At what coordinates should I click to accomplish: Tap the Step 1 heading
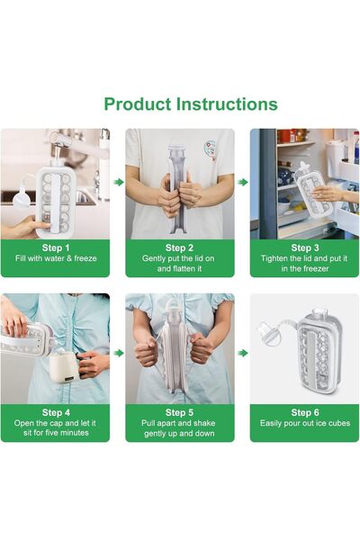point(55,247)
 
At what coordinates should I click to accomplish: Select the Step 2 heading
point(179,247)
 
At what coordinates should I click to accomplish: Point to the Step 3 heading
point(304,247)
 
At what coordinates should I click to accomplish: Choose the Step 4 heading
point(55,411)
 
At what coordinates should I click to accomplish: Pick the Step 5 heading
point(179,411)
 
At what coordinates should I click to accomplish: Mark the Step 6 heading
point(304,411)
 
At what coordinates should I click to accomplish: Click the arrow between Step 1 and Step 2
point(117,182)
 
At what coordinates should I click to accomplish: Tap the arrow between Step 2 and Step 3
point(242,182)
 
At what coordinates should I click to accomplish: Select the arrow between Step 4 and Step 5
point(117,354)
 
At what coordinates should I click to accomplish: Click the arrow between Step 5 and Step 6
point(242,354)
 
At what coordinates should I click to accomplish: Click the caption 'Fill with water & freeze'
point(55,259)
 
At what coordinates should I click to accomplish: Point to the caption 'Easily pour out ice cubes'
point(304,424)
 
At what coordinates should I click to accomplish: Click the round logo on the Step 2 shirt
point(209,148)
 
